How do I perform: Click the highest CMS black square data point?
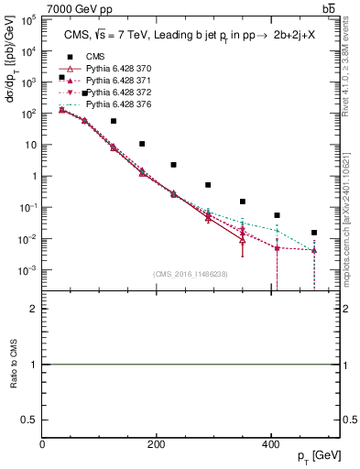(x=61, y=78)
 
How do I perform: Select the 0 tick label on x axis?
(x=42, y=444)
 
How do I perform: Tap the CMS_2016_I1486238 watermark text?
(x=191, y=273)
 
